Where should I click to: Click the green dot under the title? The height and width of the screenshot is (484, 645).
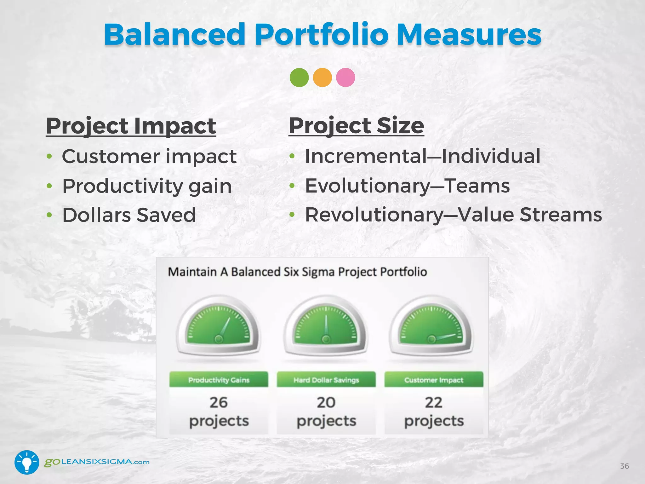(299, 78)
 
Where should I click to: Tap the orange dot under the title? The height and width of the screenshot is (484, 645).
(322, 78)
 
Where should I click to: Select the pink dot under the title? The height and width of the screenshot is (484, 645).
(345, 78)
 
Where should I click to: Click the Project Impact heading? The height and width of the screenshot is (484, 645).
(131, 126)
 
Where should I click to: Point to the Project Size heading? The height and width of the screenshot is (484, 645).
(356, 126)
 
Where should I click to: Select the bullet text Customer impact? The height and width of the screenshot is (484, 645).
(149, 156)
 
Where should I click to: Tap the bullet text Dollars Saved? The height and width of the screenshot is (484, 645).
(129, 215)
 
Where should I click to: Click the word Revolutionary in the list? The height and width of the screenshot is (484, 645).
(374, 215)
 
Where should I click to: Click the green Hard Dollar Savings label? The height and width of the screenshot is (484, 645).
(326, 380)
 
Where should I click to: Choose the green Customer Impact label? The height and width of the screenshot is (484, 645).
(434, 380)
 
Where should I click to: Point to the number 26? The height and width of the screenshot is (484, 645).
(218, 403)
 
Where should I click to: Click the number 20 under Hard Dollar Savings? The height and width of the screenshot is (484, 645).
(326, 403)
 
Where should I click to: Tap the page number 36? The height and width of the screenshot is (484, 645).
(624, 466)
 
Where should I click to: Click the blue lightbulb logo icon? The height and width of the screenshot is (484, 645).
(27, 462)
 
